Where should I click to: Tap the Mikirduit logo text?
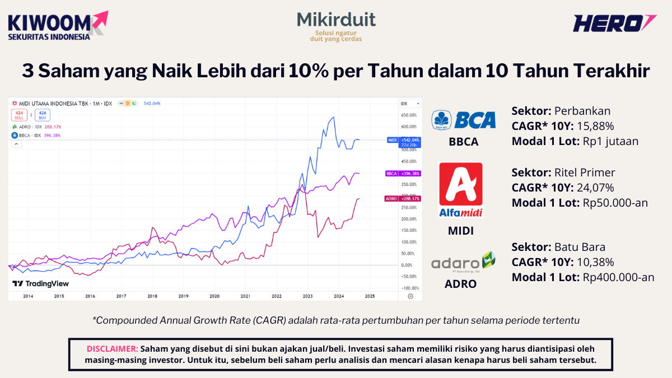[336, 21]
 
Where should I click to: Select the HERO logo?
[614, 23]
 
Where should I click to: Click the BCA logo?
[464, 119]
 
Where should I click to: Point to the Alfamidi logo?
[461, 189]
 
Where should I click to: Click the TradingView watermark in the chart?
[41, 284]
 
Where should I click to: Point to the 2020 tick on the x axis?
[214, 296]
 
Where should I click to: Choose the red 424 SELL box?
[19, 115]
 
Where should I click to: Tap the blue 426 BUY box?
[42, 115]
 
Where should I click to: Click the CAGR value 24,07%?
[594, 188]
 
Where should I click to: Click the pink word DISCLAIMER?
[113, 348]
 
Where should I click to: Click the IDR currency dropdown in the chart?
[405, 104]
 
